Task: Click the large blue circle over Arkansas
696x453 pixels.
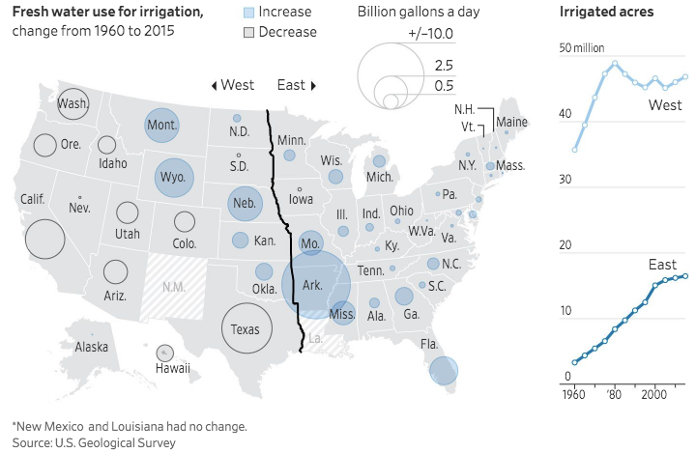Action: (x=315, y=284)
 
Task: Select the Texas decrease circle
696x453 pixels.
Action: (x=246, y=329)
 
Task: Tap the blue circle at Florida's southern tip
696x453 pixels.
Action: (x=444, y=371)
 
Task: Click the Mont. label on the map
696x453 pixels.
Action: (x=162, y=125)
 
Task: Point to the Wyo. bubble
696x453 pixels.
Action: (x=174, y=179)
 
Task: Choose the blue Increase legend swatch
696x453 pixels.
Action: (x=248, y=13)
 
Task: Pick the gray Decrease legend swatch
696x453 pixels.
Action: (x=248, y=32)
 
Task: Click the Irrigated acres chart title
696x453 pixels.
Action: (x=606, y=13)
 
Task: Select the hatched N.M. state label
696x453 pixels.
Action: (x=174, y=287)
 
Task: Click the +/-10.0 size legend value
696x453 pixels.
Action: (x=430, y=36)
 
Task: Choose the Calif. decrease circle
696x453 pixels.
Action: (x=44, y=239)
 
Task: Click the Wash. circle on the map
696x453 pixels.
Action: (x=72, y=104)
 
